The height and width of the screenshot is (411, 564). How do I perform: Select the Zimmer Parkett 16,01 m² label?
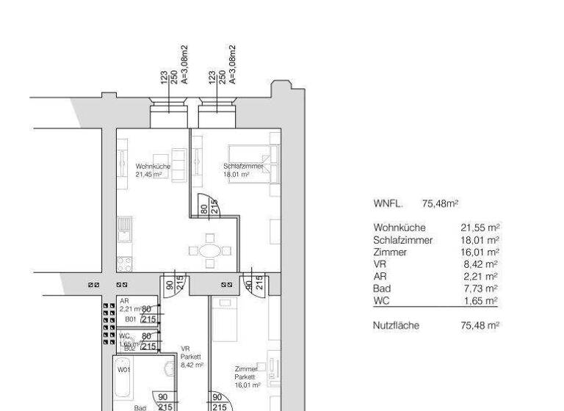[x=246, y=375]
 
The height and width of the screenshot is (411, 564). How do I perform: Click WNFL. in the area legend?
[x=388, y=203]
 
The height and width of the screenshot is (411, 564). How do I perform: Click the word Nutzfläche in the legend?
[x=396, y=325]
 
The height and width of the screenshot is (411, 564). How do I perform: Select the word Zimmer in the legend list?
[x=388, y=252]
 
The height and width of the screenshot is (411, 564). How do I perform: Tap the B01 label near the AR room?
[x=130, y=320]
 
